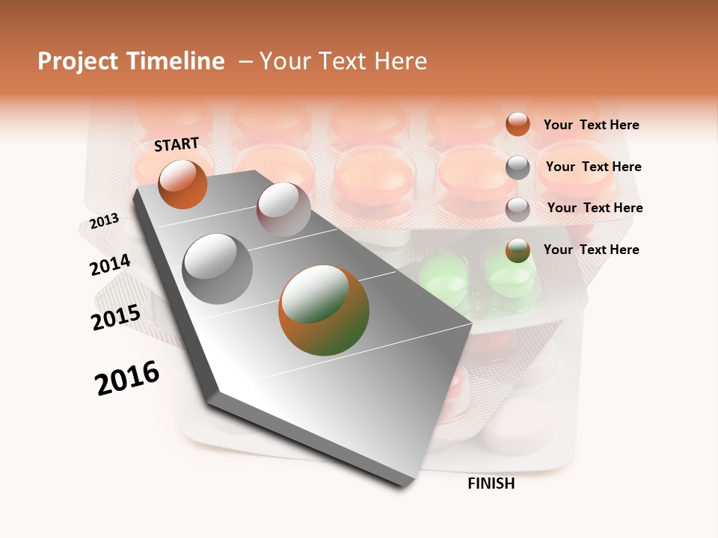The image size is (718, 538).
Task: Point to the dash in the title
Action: click(245, 61)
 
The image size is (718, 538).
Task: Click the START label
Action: click(177, 144)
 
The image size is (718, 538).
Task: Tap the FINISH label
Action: click(491, 483)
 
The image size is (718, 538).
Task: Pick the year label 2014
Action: click(110, 265)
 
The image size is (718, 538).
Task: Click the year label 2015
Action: click(115, 318)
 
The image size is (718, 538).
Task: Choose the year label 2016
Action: click(127, 378)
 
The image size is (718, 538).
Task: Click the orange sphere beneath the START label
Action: click(182, 185)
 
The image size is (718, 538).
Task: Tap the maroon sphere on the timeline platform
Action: click(283, 208)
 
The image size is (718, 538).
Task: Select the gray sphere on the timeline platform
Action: click(218, 268)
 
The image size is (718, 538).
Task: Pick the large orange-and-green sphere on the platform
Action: click(324, 310)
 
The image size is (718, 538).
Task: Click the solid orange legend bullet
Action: click(518, 124)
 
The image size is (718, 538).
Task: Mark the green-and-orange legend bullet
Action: click(518, 250)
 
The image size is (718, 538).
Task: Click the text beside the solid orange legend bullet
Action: click(591, 125)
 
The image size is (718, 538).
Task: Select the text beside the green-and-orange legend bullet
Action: click(591, 250)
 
